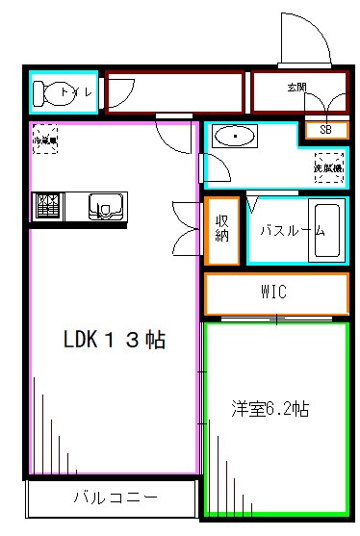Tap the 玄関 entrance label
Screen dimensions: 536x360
click(296, 88)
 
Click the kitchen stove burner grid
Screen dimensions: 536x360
click(47, 206)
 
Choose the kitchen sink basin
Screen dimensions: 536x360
click(105, 206)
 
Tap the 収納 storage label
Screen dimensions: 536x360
click(220, 230)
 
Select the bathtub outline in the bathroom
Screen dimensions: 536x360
click(325, 231)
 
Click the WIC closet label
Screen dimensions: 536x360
click(273, 293)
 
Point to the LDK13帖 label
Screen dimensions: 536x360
click(114, 340)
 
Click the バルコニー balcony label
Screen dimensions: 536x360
click(114, 498)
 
